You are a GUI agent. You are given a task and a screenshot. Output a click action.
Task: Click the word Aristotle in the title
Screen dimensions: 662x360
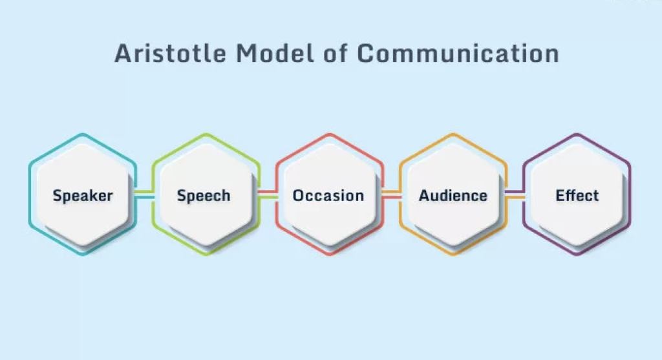point(170,54)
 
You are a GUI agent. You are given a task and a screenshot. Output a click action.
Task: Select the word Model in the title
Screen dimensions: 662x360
point(275,54)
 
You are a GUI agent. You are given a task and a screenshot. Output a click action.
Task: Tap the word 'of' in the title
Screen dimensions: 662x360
point(336,54)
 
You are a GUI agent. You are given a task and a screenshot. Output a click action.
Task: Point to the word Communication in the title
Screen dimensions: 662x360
point(458,54)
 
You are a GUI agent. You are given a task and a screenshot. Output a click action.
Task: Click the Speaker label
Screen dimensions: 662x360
point(83,196)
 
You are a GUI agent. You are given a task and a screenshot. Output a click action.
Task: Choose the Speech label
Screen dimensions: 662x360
point(204,196)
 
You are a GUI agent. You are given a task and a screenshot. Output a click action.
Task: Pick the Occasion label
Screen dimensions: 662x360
point(328,195)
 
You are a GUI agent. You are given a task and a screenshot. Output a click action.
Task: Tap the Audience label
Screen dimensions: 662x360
point(453,195)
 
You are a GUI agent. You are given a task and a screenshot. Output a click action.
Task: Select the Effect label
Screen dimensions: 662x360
point(577,195)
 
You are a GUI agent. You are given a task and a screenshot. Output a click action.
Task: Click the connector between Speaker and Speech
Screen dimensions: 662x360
point(144,195)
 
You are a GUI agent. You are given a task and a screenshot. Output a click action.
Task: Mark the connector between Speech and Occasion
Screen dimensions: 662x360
point(268,195)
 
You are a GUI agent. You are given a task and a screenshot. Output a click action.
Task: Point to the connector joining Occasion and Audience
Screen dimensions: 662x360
point(391,195)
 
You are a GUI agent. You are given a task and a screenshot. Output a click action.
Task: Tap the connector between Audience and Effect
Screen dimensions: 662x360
point(515,195)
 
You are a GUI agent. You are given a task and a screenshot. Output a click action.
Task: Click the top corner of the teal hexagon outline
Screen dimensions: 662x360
point(83,134)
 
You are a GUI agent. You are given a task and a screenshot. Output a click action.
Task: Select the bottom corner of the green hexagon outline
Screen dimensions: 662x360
point(206,254)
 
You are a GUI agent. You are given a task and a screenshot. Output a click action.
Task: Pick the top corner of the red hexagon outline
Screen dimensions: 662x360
point(330,134)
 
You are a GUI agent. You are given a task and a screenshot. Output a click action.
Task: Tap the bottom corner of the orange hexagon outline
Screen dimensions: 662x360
point(453,254)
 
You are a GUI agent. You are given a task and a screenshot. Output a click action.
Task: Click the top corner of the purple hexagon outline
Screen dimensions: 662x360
point(577,134)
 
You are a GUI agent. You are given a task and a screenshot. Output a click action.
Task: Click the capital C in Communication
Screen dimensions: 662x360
point(365,54)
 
